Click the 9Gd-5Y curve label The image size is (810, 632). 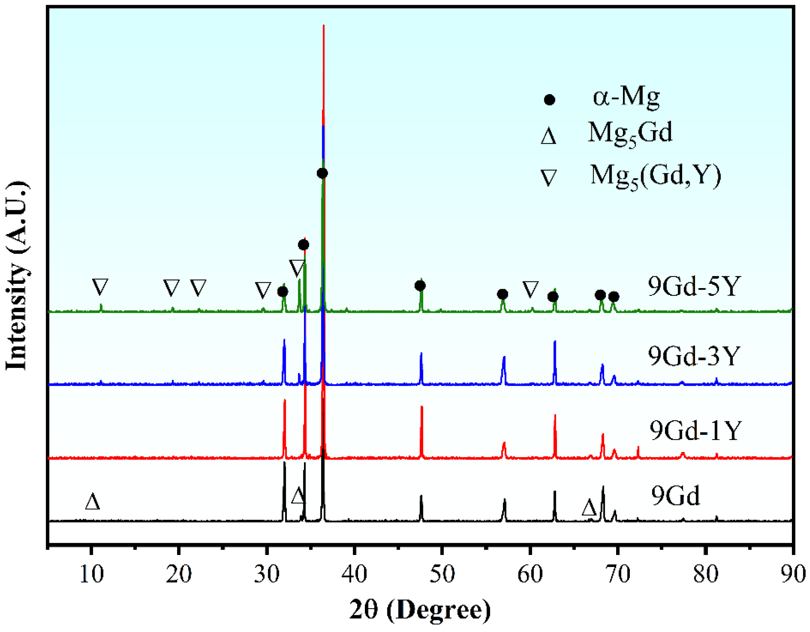pyautogui.click(x=694, y=286)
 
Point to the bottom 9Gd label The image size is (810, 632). pyautogui.click(x=676, y=496)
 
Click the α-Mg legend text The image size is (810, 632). pyautogui.click(x=626, y=97)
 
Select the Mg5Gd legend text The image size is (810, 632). pyautogui.click(x=630, y=133)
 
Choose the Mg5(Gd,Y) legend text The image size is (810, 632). pyautogui.click(x=656, y=176)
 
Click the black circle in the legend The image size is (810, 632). pyautogui.click(x=549, y=100)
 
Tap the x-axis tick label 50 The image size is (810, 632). pyautogui.click(x=442, y=575)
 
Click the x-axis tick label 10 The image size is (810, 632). pyautogui.click(x=92, y=575)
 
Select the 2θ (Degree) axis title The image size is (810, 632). pyautogui.click(x=420, y=610)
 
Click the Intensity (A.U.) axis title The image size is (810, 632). pyautogui.click(x=17, y=276)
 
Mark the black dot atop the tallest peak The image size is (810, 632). pyautogui.click(x=322, y=173)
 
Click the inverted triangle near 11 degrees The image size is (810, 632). pyautogui.click(x=100, y=286)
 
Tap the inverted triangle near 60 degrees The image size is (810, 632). pyautogui.click(x=530, y=289)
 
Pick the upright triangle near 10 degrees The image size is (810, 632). pyautogui.click(x=92, y=502)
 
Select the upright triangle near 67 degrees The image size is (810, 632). pyautogui.click(x=589, y=508)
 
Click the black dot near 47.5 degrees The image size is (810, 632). pyautogui.click(x=420, y=286)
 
